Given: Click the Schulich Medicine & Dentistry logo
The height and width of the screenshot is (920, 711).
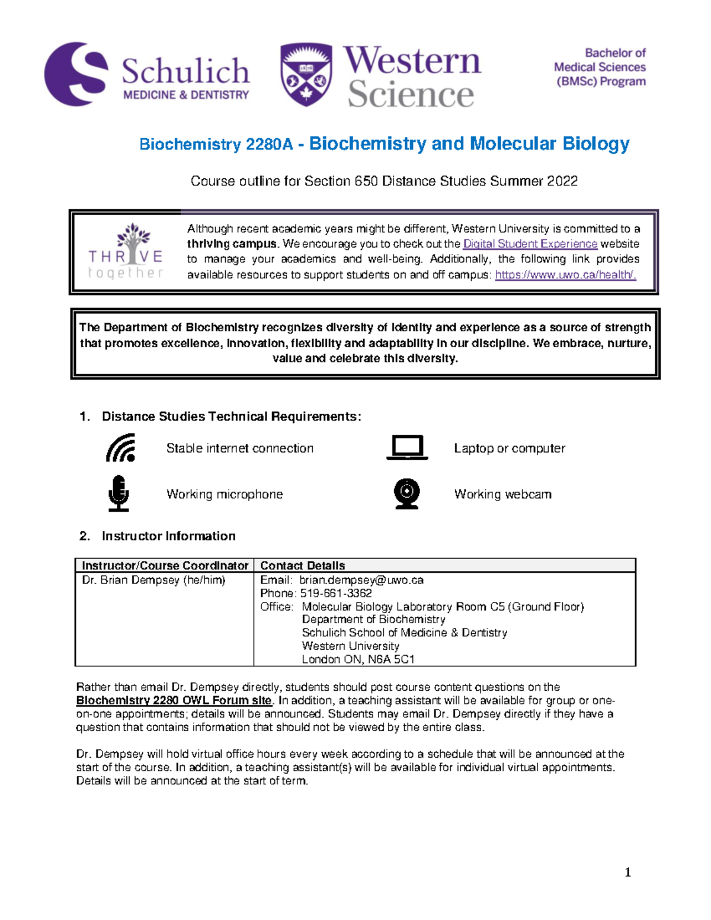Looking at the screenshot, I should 147,75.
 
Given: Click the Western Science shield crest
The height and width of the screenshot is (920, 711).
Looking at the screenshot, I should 306,75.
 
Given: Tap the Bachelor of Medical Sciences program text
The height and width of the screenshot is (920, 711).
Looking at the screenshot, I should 600,68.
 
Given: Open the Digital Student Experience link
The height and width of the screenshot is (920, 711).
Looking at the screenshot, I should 530,244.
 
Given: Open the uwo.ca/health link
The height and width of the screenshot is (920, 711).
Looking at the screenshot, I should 565,275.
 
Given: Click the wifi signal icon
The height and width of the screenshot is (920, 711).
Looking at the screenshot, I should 121,448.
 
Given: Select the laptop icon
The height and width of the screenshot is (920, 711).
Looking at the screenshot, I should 407,448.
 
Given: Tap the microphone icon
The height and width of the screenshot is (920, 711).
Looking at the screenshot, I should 119,493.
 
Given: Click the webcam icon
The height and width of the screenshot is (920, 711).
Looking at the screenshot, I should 407,493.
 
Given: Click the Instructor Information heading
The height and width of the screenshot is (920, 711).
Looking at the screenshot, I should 168,536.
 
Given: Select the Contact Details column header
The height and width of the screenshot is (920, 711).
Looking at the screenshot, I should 302,566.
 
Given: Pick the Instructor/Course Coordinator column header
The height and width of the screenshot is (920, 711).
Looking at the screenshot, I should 165,566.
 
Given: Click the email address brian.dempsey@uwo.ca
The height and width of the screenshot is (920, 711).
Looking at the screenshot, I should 361,580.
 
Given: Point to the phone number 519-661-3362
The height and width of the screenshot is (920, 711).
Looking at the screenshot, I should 335,594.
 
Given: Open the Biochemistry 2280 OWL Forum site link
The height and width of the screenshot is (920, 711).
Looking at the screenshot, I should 174,701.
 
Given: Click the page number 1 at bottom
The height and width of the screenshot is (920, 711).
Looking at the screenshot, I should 627,872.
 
